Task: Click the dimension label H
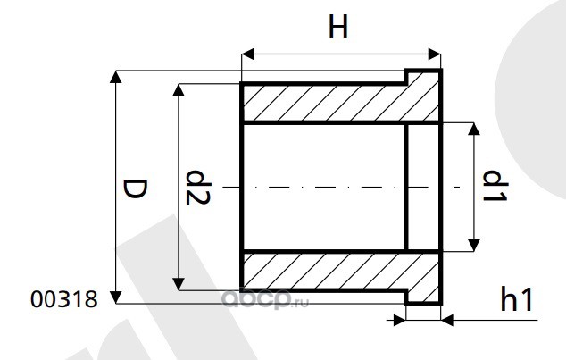(337, 29)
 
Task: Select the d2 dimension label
(197, 188)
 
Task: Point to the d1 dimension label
(494, 187)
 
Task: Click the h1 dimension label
(517, 300)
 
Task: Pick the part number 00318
(63, 301)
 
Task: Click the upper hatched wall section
(321, 104)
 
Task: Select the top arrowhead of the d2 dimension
(179, 90)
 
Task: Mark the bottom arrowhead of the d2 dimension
(179, 283)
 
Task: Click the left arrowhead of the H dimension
(248, 55)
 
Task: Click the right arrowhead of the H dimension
(435, 55)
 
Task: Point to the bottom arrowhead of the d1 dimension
(474, 246)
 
